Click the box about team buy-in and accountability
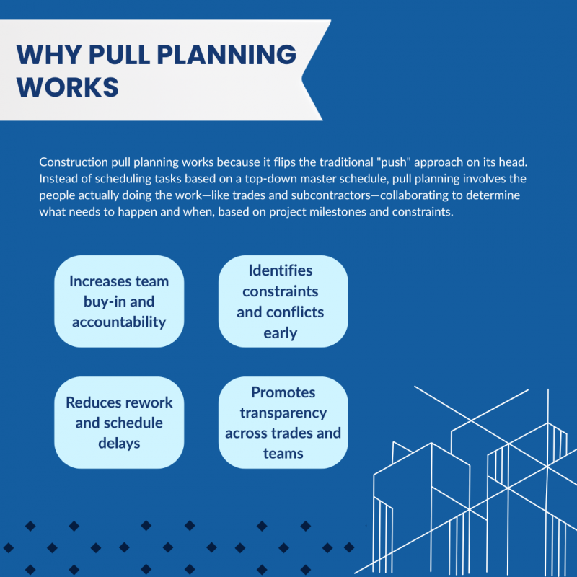(119, 301)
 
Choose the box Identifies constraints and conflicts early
(283, 301)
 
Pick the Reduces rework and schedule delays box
(119, 423)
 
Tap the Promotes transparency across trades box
(283, 423)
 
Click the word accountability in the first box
(119, 322)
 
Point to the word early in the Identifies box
(281, 332)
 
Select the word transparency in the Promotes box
(283, 413)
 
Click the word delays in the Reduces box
(119, 443)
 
